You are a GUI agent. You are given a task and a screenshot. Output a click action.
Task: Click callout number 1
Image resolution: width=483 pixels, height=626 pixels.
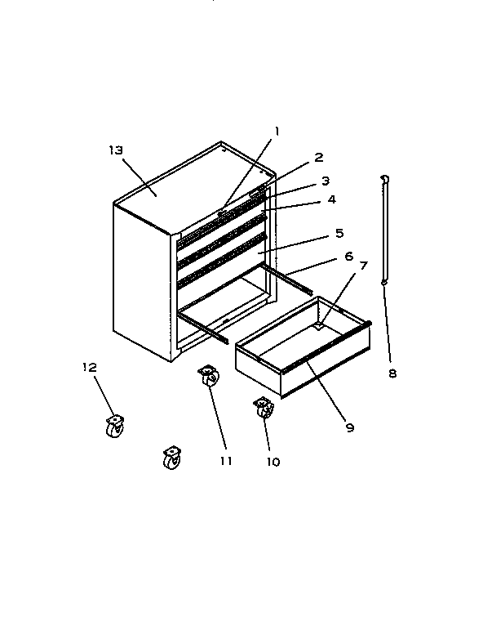[277, 131]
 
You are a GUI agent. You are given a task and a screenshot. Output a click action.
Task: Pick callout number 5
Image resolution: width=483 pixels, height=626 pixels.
[339, 233]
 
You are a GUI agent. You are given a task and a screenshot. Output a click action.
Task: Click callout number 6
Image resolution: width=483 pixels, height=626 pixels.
[348, 256]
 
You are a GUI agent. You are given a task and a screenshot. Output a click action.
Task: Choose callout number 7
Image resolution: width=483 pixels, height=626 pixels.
[364, 266]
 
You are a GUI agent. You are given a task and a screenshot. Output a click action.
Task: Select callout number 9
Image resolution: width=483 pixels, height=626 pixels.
[349, 426]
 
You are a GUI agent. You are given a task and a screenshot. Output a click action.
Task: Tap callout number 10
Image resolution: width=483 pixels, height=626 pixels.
[273, 461]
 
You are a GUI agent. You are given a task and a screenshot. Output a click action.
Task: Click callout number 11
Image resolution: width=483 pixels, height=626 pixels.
[226, 460]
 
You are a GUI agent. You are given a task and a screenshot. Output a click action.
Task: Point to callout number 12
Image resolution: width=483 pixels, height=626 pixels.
[89, 367]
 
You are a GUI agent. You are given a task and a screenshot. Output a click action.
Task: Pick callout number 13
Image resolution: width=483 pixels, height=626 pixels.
[115, 150]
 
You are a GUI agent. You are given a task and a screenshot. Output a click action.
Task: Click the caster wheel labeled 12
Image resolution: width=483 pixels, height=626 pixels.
[114, 426]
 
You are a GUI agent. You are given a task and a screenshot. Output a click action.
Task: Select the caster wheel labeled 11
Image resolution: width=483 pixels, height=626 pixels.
[208, 378]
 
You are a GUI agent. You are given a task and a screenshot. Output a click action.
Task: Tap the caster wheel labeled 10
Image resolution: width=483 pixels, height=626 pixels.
[264, 408]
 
